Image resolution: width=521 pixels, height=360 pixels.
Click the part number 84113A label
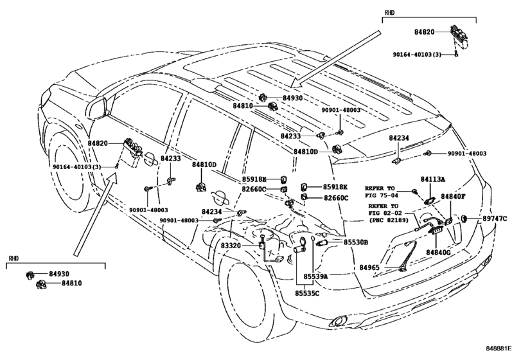pyautogui.click(x=432, y=179)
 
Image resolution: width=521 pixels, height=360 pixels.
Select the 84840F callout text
pyautogui.click(x=453, y=197)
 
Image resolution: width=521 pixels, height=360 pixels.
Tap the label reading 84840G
pyautogui.click(x=438, y=253)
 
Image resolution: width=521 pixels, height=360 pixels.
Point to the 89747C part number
pyautogui.click(x=495, y=219)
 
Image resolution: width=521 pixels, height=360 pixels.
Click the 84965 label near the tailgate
pyautogui.click(x=369, y=267)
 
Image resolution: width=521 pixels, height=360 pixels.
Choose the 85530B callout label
pyautogui.click(x=355, y=242)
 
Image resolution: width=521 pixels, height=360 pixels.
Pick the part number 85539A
pyautogui.click(x=315, y=276)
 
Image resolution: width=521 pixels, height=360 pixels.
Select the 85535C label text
pyautogui.click(x=307, y=294)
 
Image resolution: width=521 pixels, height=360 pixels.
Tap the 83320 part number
pyautogui.click(x=231, y=246)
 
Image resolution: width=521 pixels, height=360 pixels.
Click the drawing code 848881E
pyautogui.click(x=499, y=348)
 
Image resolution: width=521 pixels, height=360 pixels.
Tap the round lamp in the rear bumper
pyautogui.click(x=338, y=321)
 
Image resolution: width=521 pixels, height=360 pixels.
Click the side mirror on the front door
pyautogui.click(x=98, y=107)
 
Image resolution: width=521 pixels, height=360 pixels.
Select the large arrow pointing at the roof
pyautogui.click(x=335, y=59)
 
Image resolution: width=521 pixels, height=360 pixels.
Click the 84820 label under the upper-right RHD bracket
pyautogui.click(x=424, y=32)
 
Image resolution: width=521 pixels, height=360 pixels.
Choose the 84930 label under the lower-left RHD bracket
pyautogui.click(x=59, y=274)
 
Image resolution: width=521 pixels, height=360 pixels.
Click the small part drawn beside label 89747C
pyautogui.click(x=464, y=219)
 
